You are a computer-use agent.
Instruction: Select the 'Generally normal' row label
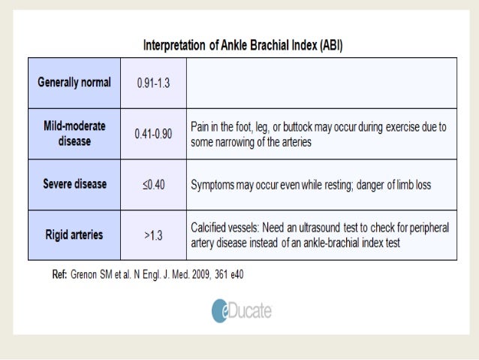point(74,82)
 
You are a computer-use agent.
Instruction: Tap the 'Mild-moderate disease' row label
point(74,134)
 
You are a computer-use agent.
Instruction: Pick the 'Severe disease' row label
point(74,184)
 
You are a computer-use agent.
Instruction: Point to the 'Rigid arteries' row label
point(74,234)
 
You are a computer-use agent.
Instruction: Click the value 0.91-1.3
point(153,83)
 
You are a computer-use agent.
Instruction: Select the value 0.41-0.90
point(153,134)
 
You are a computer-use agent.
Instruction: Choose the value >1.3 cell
point(153,234)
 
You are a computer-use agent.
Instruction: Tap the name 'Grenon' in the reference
point(88,274)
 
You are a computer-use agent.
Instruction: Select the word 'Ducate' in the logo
point(252,310)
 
